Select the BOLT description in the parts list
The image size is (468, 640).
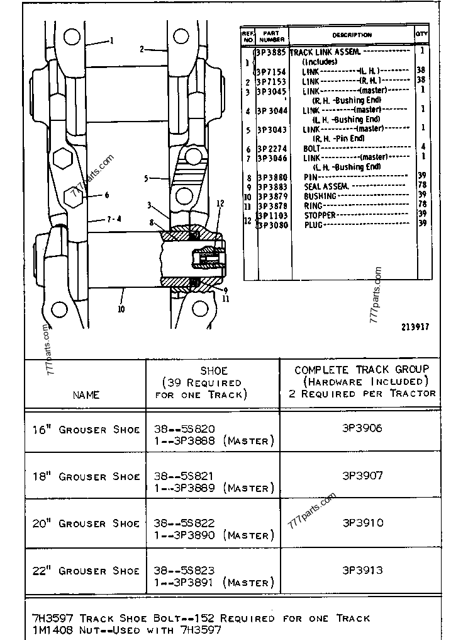point(313,148)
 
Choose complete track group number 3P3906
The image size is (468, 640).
point(362,428)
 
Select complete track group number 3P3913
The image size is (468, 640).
point(362,570)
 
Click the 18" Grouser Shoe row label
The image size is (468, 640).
point(86,476)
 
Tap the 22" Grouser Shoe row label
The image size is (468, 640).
point(86,571)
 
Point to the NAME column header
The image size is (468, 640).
point(86,395)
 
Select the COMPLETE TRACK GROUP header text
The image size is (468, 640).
point(362,369)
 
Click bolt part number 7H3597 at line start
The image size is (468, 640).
point(48,618)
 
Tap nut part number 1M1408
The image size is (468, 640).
point(48,629)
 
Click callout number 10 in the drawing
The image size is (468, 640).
point(121,309)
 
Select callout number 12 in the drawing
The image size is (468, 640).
point(220,203)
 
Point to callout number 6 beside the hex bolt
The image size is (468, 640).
point(107,195)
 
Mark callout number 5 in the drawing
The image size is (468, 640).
point(146,178)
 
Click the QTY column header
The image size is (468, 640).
point(421,35)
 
